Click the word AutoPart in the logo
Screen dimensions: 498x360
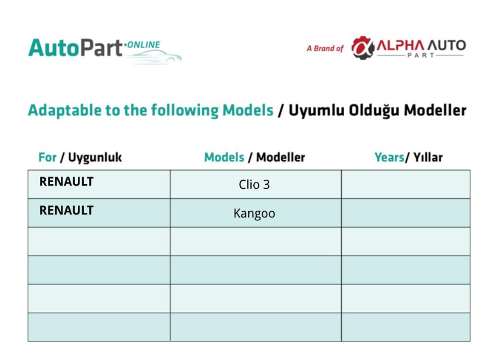[x=75, y=48]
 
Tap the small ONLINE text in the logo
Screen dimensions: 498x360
[x=144, y=45]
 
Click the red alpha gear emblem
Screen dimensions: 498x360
[x=363, y=47]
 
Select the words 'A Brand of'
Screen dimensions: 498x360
[x=325, y=48]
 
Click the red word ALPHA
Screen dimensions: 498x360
[x=400, y=46]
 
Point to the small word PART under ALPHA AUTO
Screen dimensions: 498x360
[x=421, y=56]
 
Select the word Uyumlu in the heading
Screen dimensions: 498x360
[x=316, y=110]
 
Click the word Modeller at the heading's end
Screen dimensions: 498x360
[x=435, y=110]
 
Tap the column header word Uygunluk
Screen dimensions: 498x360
[x=95, y=157]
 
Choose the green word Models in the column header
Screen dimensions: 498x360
[x=224, y=157]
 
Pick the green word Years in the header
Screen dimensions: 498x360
[x=389, y=157]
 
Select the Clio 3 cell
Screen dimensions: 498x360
[x=254, y=185]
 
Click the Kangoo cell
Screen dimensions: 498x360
[x=254, y=213]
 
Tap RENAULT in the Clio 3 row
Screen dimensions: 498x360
[x=67, y=182]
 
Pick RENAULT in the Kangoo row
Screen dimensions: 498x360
[x=67, y=210]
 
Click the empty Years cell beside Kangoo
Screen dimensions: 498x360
[x=406, y=213]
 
